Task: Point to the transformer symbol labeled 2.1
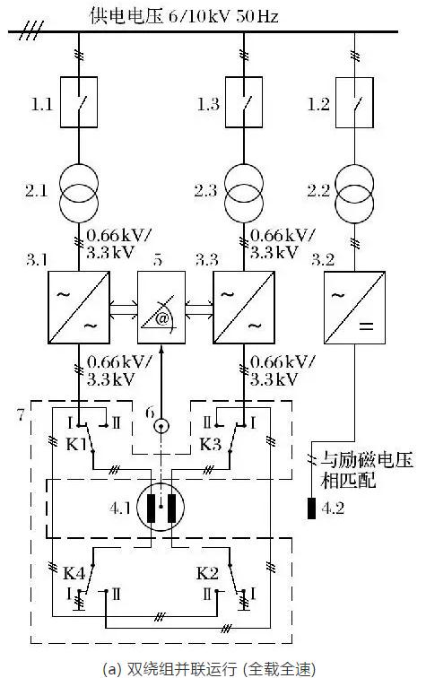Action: (79, 191)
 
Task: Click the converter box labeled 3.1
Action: (79, 309)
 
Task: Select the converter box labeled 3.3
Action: (240, 309)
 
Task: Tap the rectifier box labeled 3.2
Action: (346, 309)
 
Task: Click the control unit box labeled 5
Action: (161, 309)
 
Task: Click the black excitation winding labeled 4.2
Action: (311, 508)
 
